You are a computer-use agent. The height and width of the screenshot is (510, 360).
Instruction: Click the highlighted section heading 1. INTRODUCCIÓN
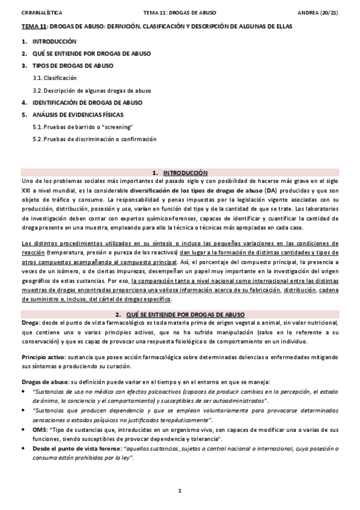[180, 171]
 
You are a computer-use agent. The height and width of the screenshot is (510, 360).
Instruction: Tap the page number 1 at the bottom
[180, 491]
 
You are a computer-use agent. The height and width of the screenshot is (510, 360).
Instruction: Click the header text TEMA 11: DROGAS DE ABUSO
[180, 12]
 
